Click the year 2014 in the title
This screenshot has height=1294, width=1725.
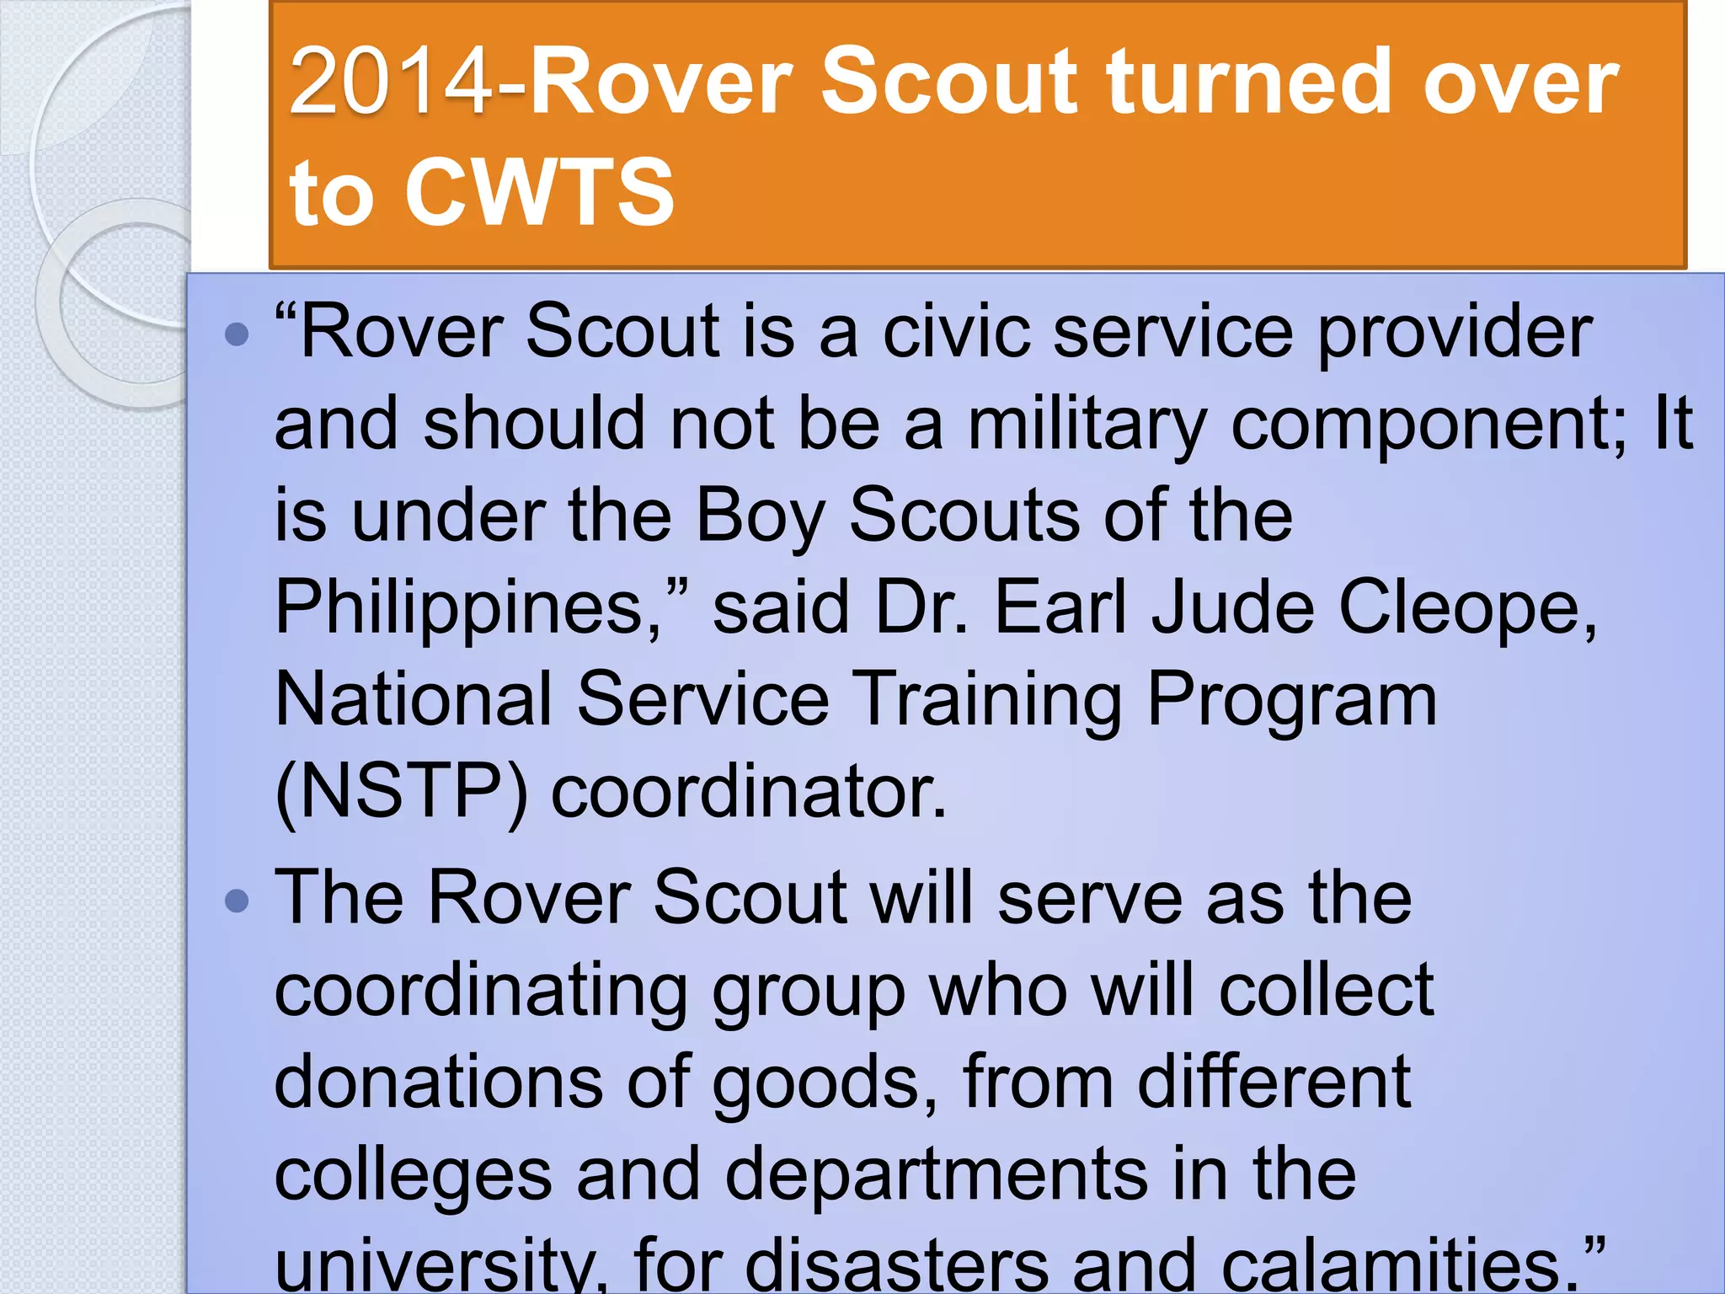pyautogui.click(x=399, y=83)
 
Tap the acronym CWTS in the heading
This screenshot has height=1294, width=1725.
pyautogui.click(x=539, y=194)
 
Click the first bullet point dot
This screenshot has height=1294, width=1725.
pyautogui.click(x=238, y=335)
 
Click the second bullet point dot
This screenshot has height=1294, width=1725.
pyautogui.click(x=238, y=901)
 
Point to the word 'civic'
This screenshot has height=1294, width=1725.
pyautogui.click(x=955, y=332)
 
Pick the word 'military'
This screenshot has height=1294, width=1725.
pyautogui.click(x=1087, y=425)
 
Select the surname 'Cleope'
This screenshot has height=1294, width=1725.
pyautogui.click(x=1466, y=608)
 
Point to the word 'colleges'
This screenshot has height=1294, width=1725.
pyautogui.click(x=413, y=1176)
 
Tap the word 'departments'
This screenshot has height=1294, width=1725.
pyautogui.click(x=936, y=1176)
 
